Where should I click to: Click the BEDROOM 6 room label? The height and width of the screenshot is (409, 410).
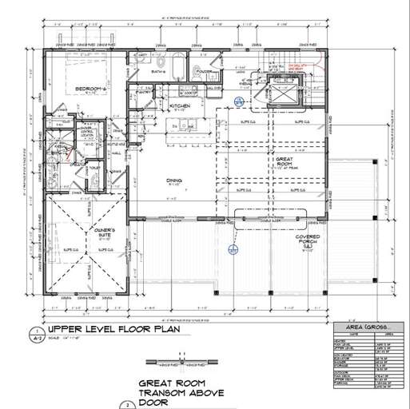coord(91,88)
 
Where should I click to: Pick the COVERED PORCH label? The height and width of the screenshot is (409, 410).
coord(308,240)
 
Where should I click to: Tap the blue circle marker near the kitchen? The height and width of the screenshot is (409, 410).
coord(238,100)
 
